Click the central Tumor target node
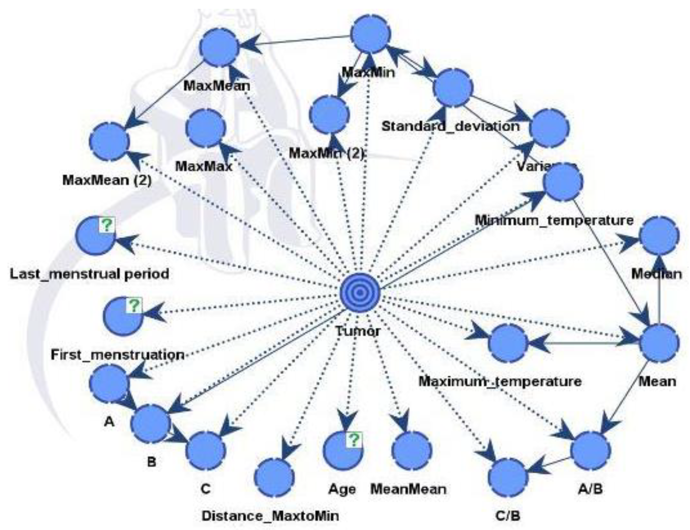coord(360,293)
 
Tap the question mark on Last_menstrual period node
coord(107,225)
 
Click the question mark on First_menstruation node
coord(134,306)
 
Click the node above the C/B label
coord(508,477)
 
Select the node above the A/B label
coord(590,451)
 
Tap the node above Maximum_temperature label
coord(508,343)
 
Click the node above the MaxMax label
coord(206,128)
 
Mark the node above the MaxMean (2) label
coord(109,142)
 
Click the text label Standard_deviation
coord(451,126)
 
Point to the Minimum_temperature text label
coord(554,220)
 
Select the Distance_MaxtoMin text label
coord(270,516)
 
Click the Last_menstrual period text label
coord(89,274)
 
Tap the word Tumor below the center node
coord(358,331)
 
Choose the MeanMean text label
coord(408,489)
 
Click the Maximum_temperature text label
coord(500,381)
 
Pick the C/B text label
coord(508,516)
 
